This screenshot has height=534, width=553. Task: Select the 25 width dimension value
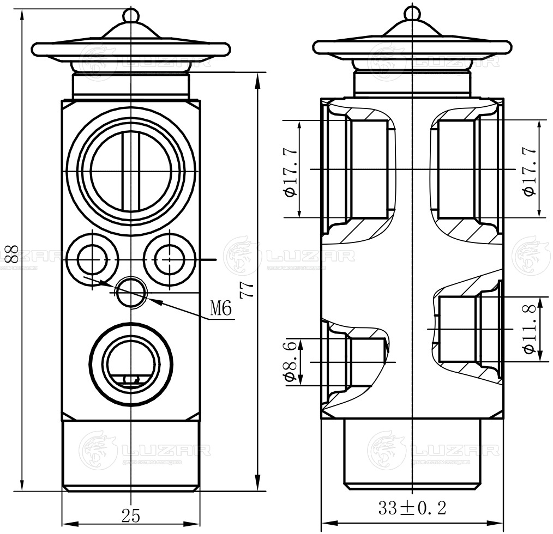[131, 515]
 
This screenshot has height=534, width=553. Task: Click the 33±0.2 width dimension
[412, 509]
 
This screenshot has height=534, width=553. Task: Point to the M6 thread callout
[221, 310]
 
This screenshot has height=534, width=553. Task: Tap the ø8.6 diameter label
[290, 361]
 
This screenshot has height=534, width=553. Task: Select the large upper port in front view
[131, 172]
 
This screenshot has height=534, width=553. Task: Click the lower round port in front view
[131, 362]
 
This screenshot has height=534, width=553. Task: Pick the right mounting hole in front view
[170, 259]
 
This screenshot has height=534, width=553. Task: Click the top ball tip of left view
[131, 14]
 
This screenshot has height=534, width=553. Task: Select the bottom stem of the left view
[131, 456]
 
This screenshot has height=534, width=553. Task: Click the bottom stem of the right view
[413, 452]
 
